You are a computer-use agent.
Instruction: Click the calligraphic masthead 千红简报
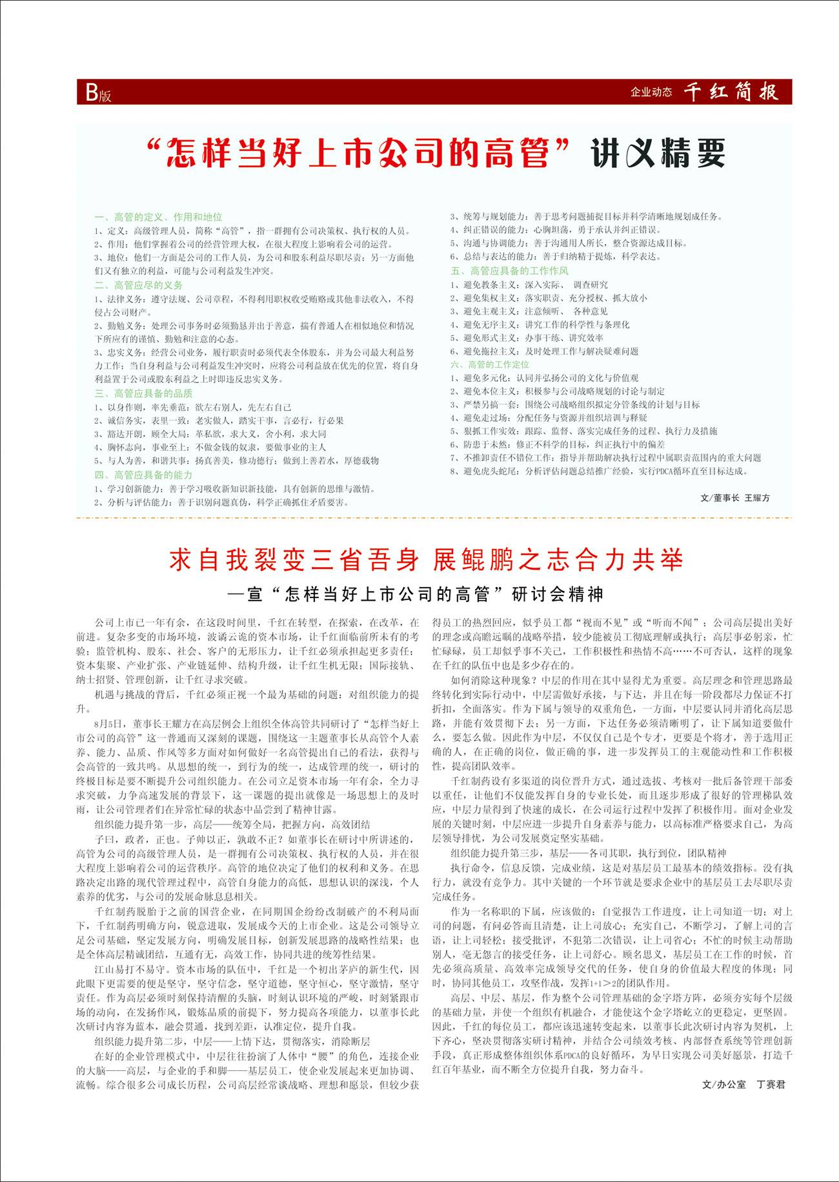(731, 92)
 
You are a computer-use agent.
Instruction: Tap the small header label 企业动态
(651, 92)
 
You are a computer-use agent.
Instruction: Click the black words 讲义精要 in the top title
(658, 154)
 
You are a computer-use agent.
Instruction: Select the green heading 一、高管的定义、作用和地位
(158, 217)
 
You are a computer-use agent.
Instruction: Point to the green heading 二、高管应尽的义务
(139, 285)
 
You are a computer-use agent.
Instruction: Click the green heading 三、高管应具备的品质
(143, 393)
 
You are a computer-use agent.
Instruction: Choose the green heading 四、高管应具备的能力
(143, 475)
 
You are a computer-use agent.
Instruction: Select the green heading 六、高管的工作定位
(490, 364)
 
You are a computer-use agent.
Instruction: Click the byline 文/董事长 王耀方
(734, 498)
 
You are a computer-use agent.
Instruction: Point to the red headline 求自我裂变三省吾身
(294, 560)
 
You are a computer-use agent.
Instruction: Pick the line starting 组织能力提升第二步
(232, 1041)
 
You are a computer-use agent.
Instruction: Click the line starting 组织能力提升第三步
(589, 853)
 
